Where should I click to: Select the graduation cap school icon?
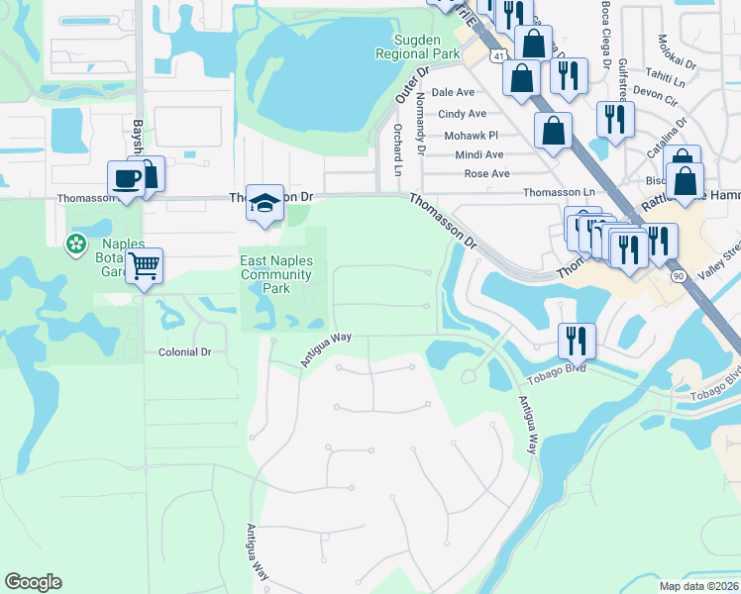(x=265, y=203)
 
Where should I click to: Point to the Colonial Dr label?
(x=185, y=351)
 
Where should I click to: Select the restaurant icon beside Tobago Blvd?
(x=576, y=341)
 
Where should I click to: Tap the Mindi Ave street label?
(x=479, y=154)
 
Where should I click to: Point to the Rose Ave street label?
(x=487, y=174)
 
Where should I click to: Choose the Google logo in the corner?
(x=33, y=582)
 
